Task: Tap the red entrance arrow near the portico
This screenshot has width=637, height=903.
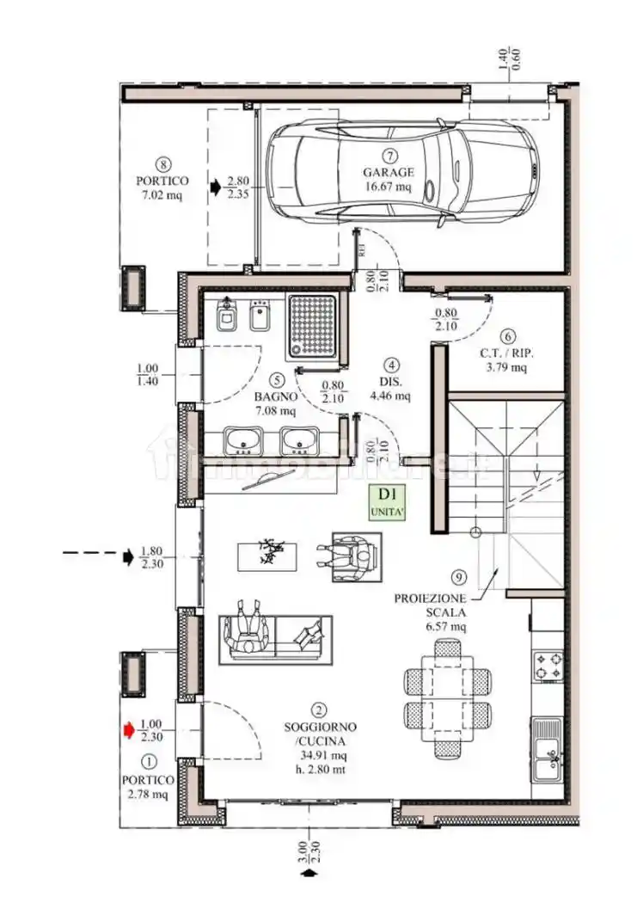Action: pos(129,730)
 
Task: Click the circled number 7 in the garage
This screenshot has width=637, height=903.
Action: pos(389,156)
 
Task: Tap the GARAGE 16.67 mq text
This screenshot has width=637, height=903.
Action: pos(388,179)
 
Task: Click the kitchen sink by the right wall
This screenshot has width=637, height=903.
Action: pos(547,749)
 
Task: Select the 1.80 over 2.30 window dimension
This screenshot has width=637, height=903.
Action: pos(151,558)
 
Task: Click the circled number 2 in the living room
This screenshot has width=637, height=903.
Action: pos(319,710)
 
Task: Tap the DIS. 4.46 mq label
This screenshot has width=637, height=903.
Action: pos(391,388)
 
